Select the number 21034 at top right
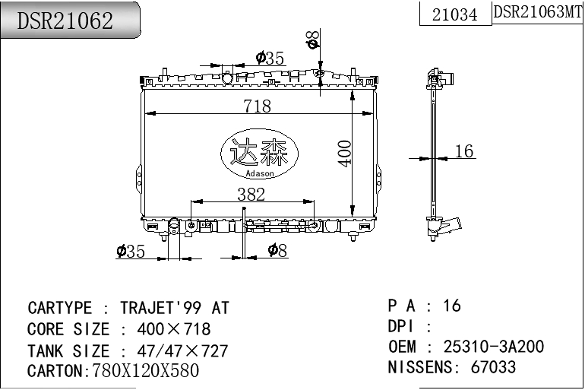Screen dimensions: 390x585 454,14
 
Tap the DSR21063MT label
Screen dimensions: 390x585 538,12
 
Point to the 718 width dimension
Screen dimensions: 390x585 257,106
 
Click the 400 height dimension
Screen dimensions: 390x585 344,154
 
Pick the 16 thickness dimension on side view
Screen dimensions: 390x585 463,151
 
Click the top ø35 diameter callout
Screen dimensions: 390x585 270,58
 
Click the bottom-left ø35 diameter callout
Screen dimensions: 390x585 131,251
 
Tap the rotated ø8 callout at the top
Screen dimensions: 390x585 312,40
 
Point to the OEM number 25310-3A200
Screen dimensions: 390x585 494,347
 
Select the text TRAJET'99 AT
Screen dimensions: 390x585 175,309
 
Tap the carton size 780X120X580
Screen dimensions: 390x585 145,371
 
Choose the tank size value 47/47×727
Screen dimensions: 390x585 182,351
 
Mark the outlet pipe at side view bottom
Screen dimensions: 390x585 453,224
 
